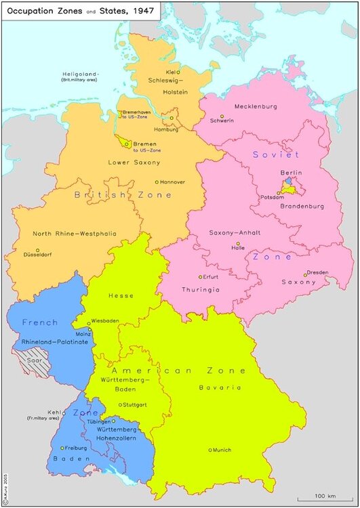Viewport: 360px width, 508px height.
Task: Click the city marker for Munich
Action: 211,450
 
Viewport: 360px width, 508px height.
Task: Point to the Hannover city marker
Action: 157,182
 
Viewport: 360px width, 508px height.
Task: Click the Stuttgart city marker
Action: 120,405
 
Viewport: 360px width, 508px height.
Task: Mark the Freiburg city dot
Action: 62,448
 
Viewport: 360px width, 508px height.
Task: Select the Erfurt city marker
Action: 200,276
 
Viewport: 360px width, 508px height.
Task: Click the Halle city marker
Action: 238,244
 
